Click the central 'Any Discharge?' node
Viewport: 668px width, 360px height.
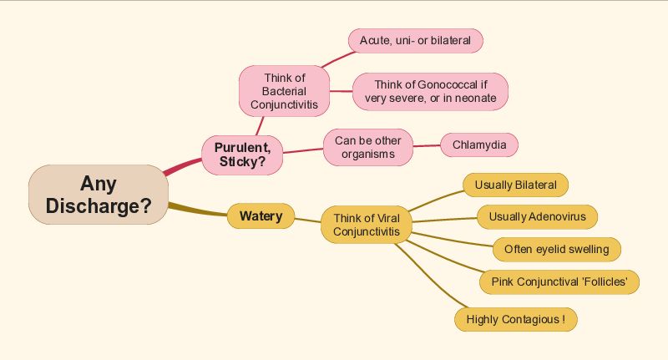(x=99, y=195)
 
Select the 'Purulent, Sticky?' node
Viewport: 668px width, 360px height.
(x=242, y=155)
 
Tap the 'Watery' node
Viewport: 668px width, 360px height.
(x=261, y=216)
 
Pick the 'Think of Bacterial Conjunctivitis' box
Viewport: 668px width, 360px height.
(x=284, y=91)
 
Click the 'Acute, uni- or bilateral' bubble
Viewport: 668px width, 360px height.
(x=415, y=41)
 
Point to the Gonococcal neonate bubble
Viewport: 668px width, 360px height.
(x=430, y=92)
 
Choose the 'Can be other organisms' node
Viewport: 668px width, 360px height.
(x=368, y=147)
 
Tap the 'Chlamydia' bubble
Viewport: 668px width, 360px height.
(x=479, y=145)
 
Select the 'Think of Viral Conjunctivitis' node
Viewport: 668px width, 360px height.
(x=367, y=225)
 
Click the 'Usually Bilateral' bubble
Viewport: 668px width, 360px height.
(x=515, y=185)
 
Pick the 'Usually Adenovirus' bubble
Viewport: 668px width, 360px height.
(x=537, y=217)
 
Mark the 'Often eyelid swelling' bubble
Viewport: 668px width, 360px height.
(x=557, y=249)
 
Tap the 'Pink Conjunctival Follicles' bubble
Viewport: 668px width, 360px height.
(x=559, y=282)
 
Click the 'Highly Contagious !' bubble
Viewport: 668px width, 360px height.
(x=516, y=320)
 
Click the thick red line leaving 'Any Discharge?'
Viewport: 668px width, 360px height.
(x=182, y=166)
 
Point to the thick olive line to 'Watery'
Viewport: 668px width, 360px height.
(x=198, y=210)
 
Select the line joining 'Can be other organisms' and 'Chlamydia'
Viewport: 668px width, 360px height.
(x=427, y=145)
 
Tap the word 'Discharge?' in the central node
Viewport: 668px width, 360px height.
(x=99, y=205)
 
